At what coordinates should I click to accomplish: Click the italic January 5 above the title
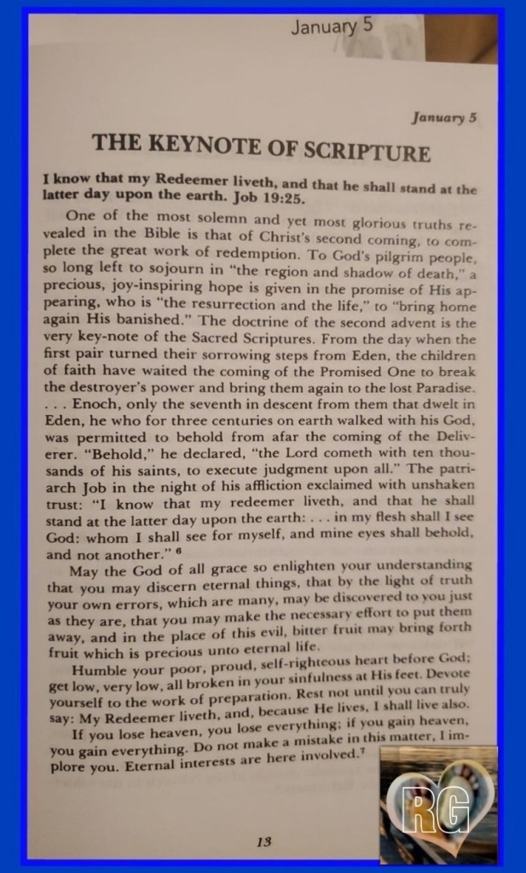pos(439,118)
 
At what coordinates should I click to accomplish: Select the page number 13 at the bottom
pos(263,841)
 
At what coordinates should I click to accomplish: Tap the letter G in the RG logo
pos(456,809)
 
